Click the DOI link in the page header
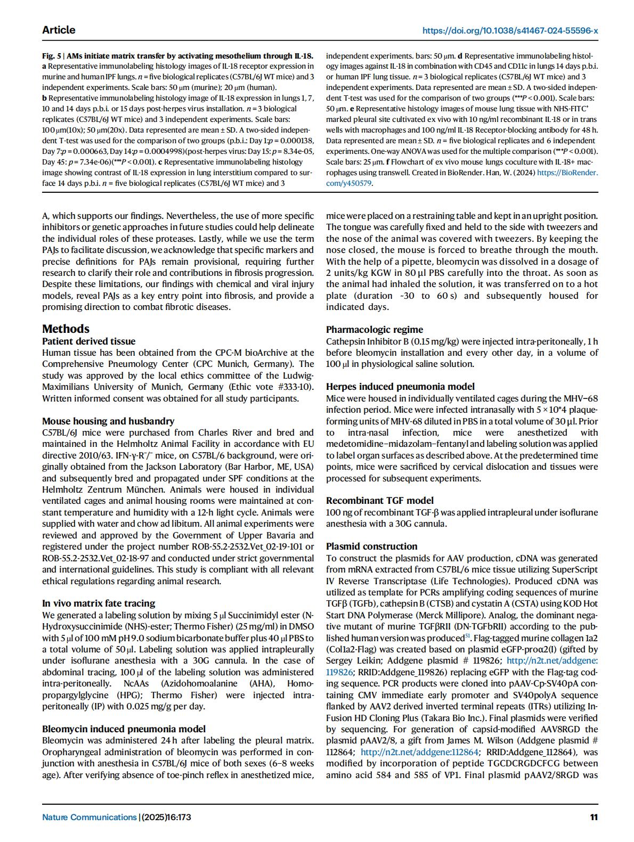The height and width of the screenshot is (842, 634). [510, 30]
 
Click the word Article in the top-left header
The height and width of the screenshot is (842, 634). [59, 30]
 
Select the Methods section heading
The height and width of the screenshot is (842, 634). [66, 329]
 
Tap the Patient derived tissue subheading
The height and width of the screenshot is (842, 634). [88, 341]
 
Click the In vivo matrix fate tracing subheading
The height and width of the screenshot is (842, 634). [99, 603]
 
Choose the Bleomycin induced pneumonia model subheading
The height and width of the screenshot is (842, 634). [124, 729]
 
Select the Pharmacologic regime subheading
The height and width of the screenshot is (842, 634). [375, 330]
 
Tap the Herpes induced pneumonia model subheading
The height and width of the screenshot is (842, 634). [400, 387]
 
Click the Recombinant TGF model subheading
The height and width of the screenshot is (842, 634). [380, 501]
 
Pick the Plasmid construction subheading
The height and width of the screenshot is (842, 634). [372, 546]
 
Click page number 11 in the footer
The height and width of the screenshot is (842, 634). [594, 817]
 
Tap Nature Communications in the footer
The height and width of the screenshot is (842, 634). [90, 817]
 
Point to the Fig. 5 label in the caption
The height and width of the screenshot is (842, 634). [52, 55]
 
